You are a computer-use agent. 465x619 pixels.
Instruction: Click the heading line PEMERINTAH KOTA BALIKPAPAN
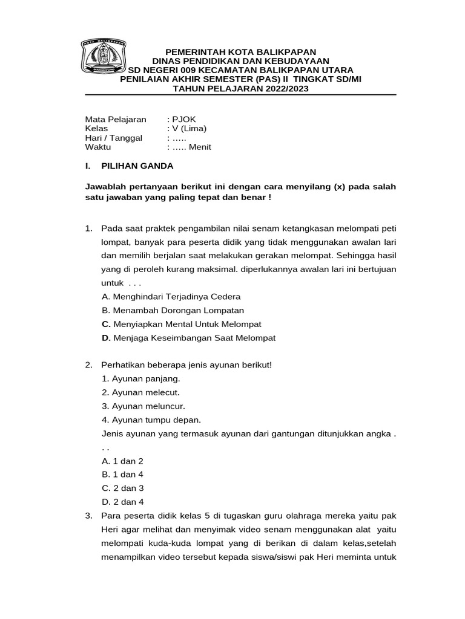241,53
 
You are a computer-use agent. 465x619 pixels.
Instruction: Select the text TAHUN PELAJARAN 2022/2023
241,88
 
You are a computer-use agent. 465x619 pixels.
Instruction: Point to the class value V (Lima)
188,128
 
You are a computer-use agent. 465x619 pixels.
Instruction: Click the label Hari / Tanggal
113,138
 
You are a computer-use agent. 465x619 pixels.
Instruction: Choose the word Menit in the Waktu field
200,147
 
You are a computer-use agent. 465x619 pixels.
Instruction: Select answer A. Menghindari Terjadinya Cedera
171,297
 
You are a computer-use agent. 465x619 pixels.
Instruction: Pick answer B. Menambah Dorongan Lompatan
173,310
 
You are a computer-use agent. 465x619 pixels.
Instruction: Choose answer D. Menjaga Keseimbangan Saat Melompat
189,338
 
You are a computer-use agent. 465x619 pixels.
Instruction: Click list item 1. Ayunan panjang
141,379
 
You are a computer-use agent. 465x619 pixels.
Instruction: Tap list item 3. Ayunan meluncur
143,406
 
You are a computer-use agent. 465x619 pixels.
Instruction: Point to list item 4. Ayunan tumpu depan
151,420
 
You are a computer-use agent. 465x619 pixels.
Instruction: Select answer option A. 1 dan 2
123,461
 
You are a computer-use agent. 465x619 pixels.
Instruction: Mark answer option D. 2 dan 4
123,502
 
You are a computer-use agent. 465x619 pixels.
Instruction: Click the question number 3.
88,516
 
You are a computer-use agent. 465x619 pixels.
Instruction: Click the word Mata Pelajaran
116,119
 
